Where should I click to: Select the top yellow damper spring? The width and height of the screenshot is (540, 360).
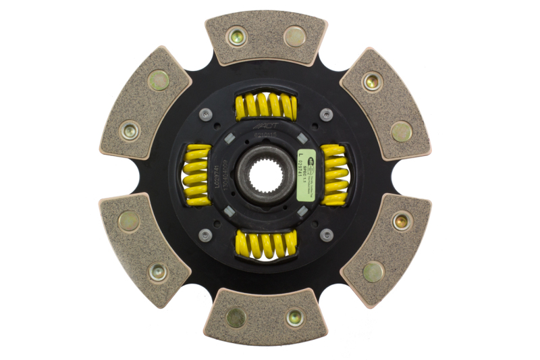coord(265,107)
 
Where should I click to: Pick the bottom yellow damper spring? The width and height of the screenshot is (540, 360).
coord(265,244)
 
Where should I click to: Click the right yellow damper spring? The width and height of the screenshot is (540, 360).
coord(334,175)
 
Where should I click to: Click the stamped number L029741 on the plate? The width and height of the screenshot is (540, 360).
coord(216,176)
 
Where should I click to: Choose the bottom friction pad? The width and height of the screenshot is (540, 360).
coord(265,315)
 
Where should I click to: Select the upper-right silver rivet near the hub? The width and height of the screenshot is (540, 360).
coord(326,115)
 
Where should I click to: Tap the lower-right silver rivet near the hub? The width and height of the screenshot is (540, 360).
coord(326,235)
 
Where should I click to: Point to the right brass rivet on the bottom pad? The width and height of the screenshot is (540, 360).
coord(294,317)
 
